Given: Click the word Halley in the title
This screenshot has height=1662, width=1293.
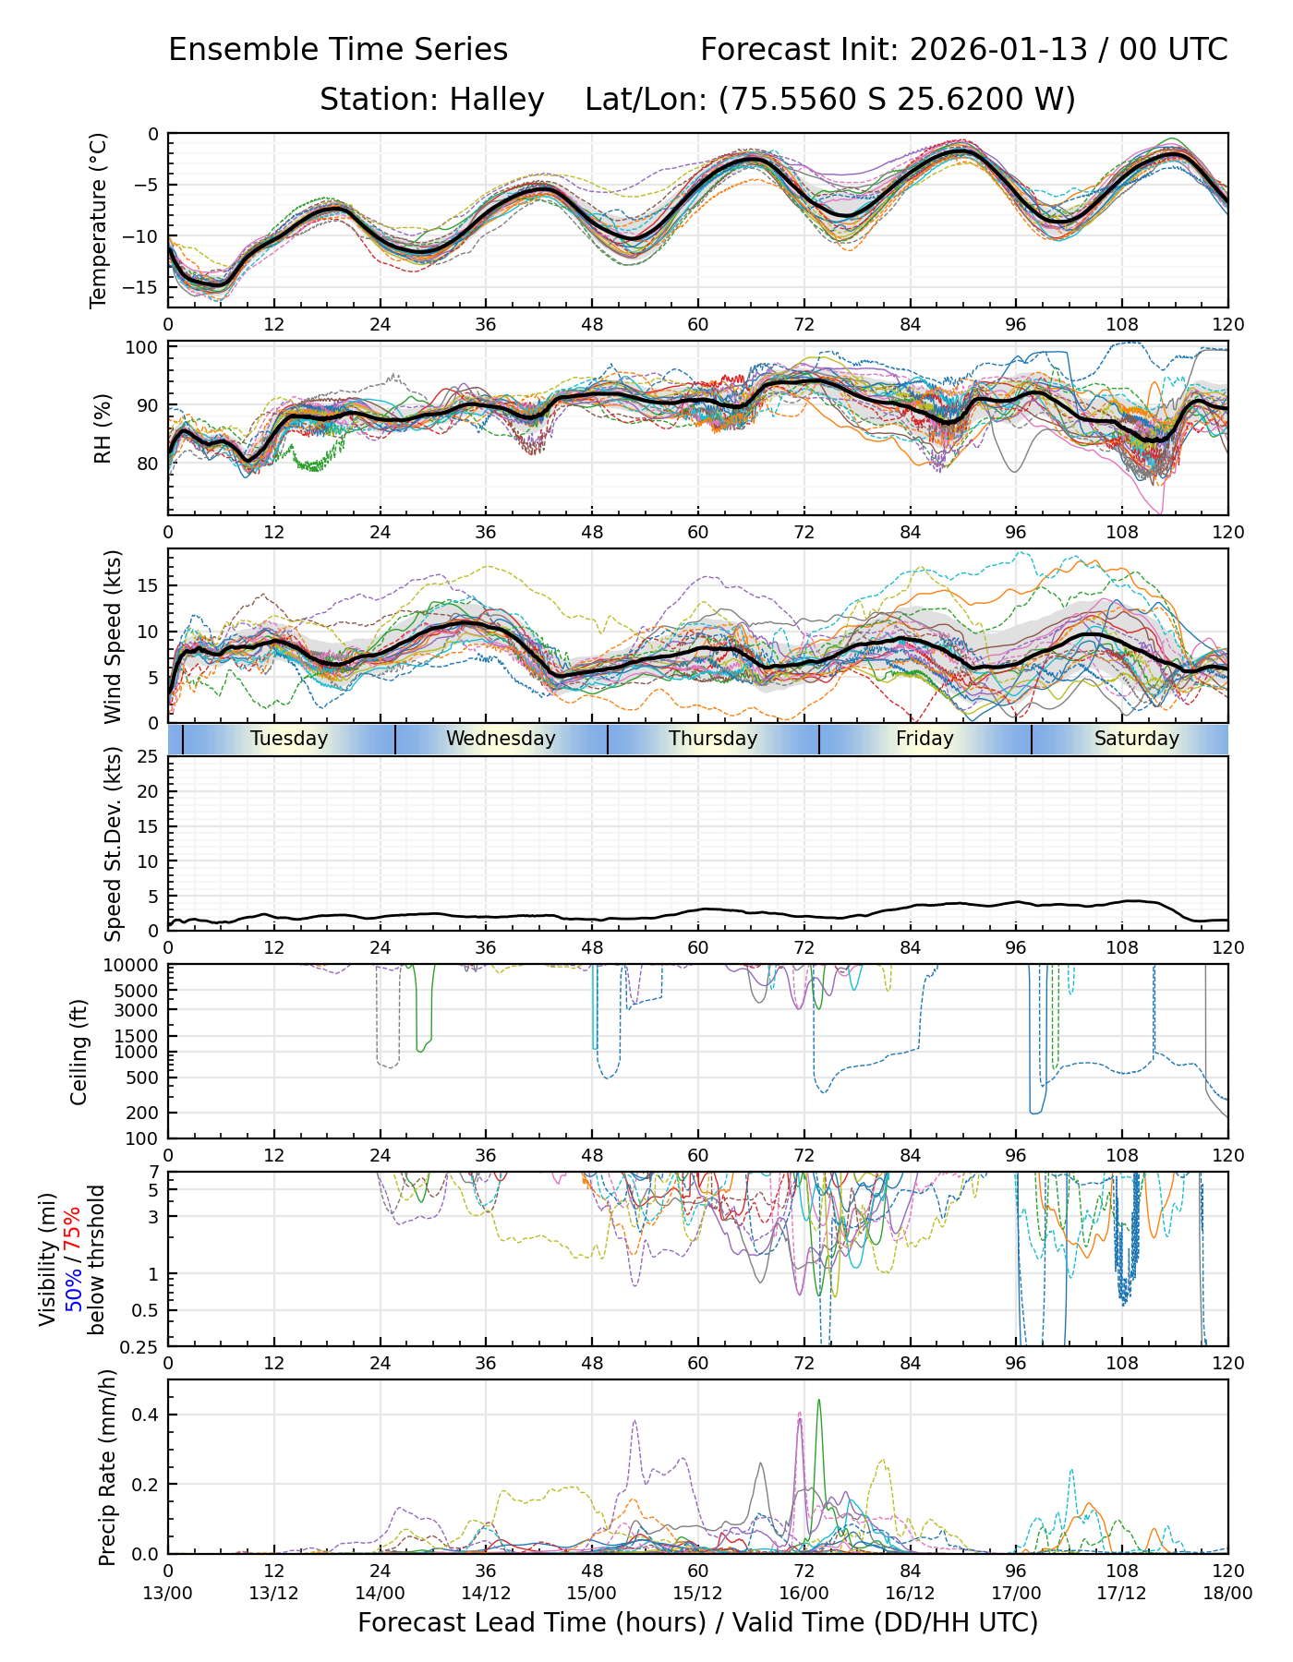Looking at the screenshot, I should pyautogui.click(x=497, y=99).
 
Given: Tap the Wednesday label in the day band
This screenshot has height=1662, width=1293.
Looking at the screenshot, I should pyautogui.click(x=501, y=739).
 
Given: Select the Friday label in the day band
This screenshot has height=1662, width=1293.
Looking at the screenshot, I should pyautogui.click(x=924, y=739).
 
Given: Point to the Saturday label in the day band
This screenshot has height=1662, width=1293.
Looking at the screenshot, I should pyautogui.click(x=1136, y=739).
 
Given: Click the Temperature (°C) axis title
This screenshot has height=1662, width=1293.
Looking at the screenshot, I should pyautogui.click(x=99, y=220).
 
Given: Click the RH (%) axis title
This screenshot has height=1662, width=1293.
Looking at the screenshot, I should pyautogui.click(x=103, y=428).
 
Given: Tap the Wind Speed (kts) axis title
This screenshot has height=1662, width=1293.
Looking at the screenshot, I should pyautogui.click(x=113, y=636).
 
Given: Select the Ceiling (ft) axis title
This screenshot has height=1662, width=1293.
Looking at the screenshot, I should pyautogui.click(x=79, y=1051).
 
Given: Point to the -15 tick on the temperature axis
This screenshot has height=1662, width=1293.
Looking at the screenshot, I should pyautogui.click(x=144, y=287).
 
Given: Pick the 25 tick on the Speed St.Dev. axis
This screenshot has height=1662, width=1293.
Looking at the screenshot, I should pyautogui.click(x=149, y=757).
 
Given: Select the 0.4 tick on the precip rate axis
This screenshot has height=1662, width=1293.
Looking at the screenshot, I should pyautogui.click(x=147, y=1415).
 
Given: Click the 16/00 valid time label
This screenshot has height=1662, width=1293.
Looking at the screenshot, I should pyautogui.click(x=804, y=1593).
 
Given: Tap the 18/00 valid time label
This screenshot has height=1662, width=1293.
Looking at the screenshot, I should pyautogui.click(x=1227, y=1593).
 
